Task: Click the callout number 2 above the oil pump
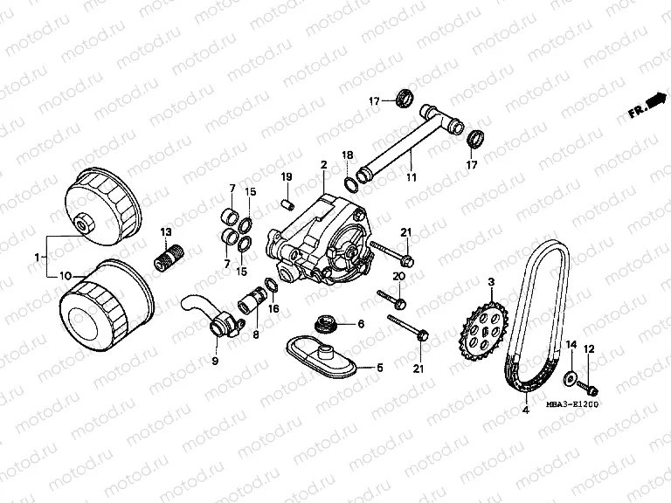click(324, 164)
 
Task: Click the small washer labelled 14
click(570, 376)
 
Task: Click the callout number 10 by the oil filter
click(66, 277)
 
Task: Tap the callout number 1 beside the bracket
click(37, 257)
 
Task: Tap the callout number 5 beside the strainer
click(380, 368)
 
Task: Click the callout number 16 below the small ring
click(273, 308)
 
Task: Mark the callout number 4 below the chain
click(526, 410)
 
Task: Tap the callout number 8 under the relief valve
click(255, 334)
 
